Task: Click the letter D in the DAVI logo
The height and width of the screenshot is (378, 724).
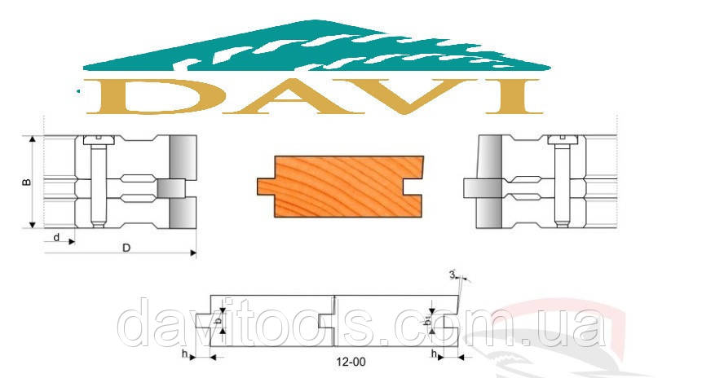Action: (x=157, y=96)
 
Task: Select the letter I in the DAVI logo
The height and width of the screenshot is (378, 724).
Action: (x=513, y=96)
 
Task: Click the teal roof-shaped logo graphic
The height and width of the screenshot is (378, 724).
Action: (x=316, y=46)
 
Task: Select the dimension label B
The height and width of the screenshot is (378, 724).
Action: (x=27, y=182)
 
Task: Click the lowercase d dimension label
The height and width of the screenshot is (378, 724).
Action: (x=56, y=237)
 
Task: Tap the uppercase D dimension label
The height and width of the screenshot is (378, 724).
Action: (x=126, y=248)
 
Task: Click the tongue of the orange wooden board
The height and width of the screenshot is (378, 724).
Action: (x=266, y=187)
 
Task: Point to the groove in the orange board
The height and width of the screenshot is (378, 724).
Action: (x=413, y=187)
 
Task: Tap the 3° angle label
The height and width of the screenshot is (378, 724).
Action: (x=453, y=275)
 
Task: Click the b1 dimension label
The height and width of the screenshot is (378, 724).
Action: (x=428, y=319)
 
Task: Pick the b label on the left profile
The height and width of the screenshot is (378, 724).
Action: (x=218, y=319)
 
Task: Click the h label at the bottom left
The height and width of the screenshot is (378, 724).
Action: (x=184, y=354)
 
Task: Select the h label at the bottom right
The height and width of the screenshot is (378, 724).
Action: (x=434, y=354)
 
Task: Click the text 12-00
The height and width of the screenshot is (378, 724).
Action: (x=351, y=362)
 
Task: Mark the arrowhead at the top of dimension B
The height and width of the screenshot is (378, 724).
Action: (x=33, y=140)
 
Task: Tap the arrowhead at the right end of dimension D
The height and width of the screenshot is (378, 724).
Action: (x=193, y=253)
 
